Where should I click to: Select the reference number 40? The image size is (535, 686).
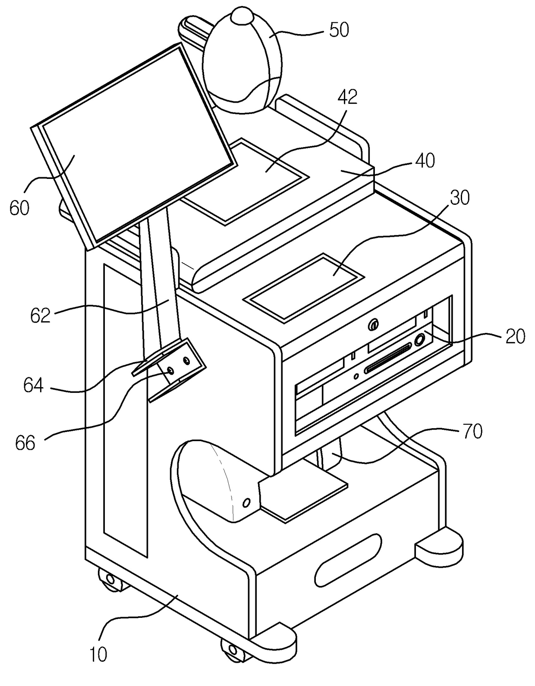point(425,160)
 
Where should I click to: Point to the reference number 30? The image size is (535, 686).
point(460,197)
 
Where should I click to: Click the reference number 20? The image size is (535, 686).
point(515,336)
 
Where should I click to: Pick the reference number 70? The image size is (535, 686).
point(472,432)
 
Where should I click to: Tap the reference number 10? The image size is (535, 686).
point(98,655)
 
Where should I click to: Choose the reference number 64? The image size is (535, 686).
point(33,385)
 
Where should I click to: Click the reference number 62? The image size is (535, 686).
point(40,316)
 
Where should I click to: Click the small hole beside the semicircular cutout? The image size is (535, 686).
point(247,502)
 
